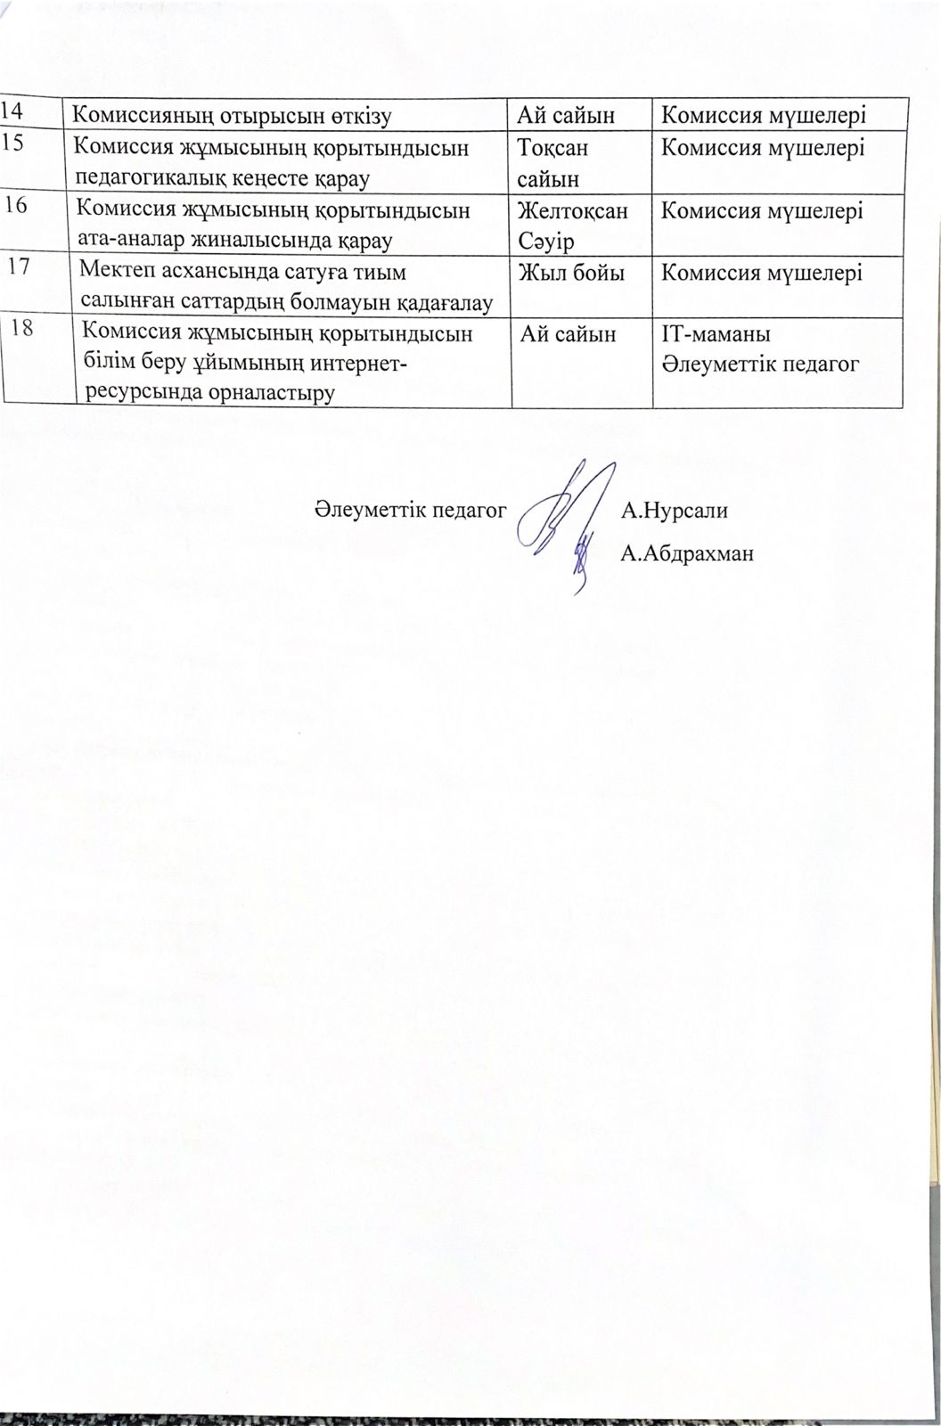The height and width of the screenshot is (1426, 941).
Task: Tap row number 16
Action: tap(16, 206)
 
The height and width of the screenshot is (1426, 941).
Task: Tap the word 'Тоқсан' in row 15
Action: tap(552, 147)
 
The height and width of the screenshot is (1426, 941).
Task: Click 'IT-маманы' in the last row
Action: tap(716, 335)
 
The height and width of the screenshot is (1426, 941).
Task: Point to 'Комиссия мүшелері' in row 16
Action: tap(761, 212)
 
